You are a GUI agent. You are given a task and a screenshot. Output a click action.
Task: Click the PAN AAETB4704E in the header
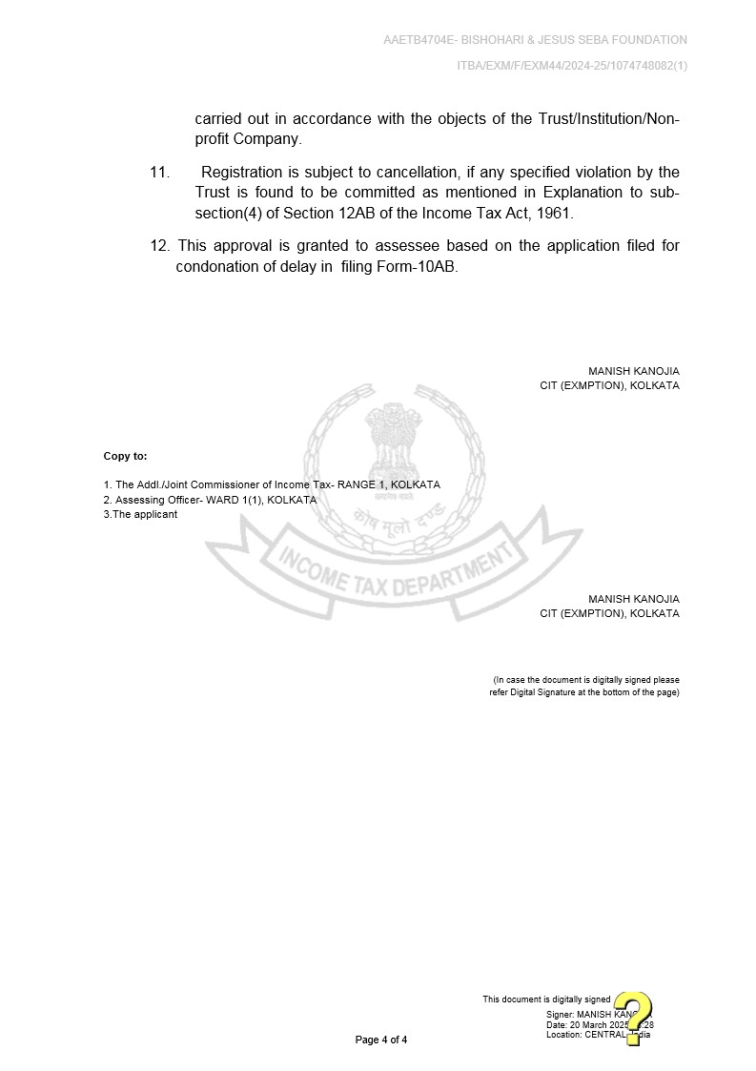417,40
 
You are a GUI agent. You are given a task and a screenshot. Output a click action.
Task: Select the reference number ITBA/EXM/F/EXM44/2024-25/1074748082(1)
572,65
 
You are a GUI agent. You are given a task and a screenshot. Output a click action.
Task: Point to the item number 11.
159,173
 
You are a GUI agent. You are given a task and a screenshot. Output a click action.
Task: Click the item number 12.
159,246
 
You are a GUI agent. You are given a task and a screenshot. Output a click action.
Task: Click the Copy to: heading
125,457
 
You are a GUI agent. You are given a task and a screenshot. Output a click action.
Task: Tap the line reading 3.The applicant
140,514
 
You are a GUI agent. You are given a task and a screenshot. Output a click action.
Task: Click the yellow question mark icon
633,1018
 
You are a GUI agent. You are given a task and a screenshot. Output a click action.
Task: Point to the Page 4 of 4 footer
380,1040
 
